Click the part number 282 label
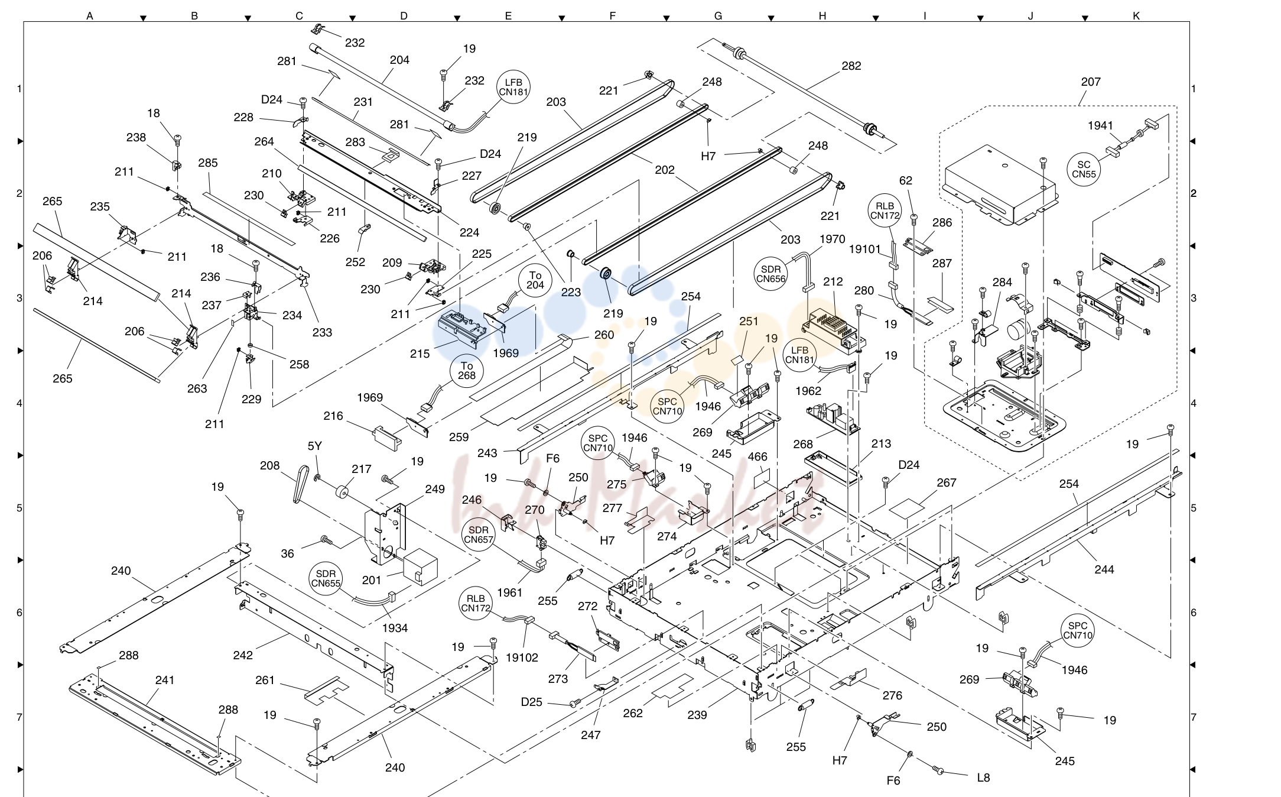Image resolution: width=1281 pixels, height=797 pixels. (x=851, y=66)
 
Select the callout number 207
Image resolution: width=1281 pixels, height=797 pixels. (x=1091, y=82)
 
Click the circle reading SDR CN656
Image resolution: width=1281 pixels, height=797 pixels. (x=770, y=274)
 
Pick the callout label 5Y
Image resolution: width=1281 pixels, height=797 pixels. (x=314, y=446)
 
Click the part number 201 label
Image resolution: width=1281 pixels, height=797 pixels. (x=372, y=581)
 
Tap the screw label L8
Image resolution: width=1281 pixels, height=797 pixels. (x=983, y=778)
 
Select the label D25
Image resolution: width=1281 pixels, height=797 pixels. (x=532, y=702)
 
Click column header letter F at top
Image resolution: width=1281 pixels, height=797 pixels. (x=612, y=16)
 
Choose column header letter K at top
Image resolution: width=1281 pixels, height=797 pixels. (x=1136, y=16)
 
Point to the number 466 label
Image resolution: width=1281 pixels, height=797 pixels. (x=757, y=456)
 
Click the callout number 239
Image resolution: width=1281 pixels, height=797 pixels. (x=697, y=715)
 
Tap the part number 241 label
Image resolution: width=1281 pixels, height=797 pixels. (x=165, y=681)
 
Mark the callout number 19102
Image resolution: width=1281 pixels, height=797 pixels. (x=522, y=657)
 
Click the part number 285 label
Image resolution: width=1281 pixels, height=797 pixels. (x=208, y=163)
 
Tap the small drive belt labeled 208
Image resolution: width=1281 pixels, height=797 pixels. (x=300, y=484)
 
